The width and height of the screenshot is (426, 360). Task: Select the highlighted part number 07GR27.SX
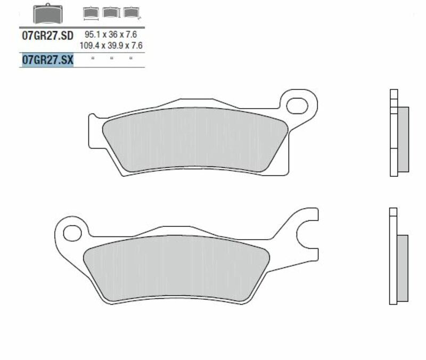(x=47, y=60)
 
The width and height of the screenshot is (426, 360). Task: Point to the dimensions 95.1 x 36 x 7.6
(x=114, y=34)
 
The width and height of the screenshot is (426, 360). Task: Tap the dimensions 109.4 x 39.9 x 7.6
(x=111, y=46)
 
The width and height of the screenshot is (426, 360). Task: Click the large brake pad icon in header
(x=47, y=14)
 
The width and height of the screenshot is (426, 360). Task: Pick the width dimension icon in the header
(x=92, y=12)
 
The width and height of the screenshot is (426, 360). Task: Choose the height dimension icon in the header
(x=110, y=12)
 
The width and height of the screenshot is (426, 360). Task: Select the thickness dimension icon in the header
(x=129, y=12)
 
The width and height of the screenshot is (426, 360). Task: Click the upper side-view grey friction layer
(x=403, y=139)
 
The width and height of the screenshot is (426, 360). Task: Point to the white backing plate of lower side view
(x=393, y=261)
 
